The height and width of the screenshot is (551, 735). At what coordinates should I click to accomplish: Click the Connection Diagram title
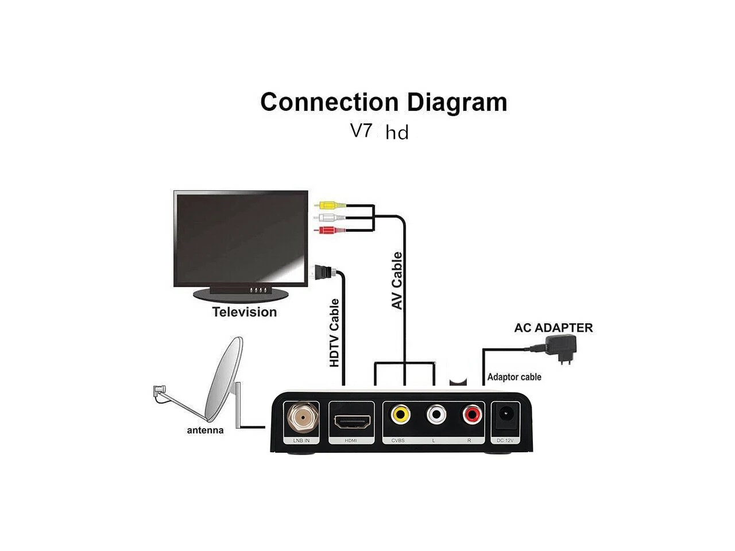tap(384, 102)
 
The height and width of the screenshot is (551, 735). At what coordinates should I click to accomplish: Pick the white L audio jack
tap(436, 414)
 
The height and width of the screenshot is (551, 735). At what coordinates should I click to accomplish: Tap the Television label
tap(245, 312)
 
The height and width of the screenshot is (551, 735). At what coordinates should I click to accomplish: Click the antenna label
tap(205, 430)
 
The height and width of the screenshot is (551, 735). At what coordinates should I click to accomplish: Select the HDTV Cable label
tap(334, 333)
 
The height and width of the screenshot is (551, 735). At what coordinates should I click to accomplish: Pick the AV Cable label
tap(397, 281)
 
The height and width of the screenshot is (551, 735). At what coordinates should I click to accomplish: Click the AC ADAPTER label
tap(554, 328)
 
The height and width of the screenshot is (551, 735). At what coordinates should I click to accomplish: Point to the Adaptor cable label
tap(514, 377)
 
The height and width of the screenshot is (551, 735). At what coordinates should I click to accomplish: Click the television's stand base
tap(241, 294)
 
